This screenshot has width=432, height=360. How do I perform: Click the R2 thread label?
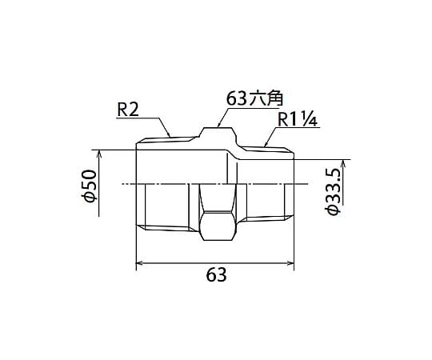point(128,110)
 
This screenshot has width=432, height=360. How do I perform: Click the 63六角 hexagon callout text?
point(255,98)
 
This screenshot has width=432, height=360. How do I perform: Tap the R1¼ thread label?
point(298,119)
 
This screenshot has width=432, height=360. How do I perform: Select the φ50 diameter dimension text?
point(90,186)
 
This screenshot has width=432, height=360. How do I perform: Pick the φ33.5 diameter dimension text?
point(333,192)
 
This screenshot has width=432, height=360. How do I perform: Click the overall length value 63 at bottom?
point(216,274)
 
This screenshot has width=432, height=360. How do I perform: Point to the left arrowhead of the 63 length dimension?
point(139,263)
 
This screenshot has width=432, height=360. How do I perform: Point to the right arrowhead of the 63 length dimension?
point(290,263)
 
